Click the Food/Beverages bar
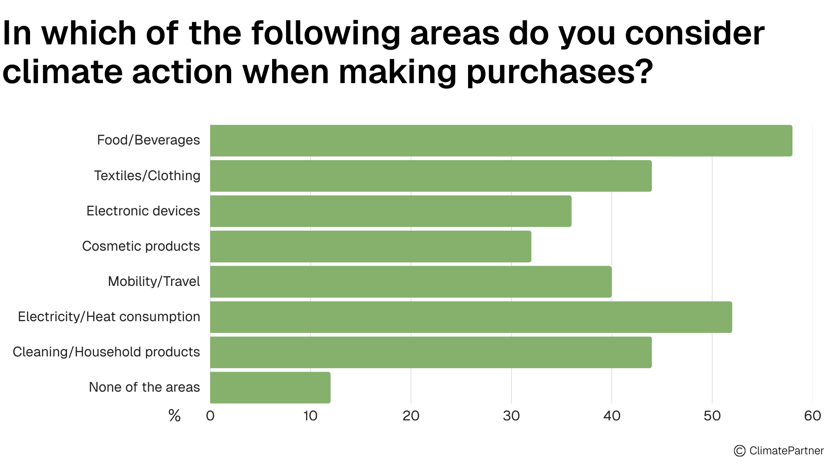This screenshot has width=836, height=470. [x=501, y=140]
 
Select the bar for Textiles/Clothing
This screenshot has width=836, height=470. [x=431, y=176]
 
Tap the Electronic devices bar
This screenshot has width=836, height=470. [x=391, y=211]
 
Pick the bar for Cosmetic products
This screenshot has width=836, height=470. [x=371, y=246]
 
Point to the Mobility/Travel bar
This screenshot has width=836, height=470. [x=411, y=282]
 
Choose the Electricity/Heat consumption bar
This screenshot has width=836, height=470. [x=471, y=317]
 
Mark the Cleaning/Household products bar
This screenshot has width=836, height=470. [x=431, y=352]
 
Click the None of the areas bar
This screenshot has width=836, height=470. [x=270, y=387]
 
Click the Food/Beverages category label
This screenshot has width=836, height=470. [x=148, y=140]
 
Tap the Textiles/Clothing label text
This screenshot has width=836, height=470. [x=147, y=176]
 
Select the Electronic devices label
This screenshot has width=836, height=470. [x=143, y=211]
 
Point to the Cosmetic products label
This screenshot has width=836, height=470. [x=141, y=246]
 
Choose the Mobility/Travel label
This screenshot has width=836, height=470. [x=154, y=282]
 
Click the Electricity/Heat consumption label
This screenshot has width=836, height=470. [x=109, y=317]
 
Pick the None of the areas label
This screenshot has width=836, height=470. [x=145, y=387]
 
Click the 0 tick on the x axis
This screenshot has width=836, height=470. [x=210, y=416]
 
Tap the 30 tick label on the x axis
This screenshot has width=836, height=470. [x=511, y=416]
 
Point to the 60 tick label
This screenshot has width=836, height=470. [x=812, y=416]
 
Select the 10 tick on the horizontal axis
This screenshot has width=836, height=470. [x=310, y=416]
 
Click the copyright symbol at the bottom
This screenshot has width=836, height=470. [x=739, y=451]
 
